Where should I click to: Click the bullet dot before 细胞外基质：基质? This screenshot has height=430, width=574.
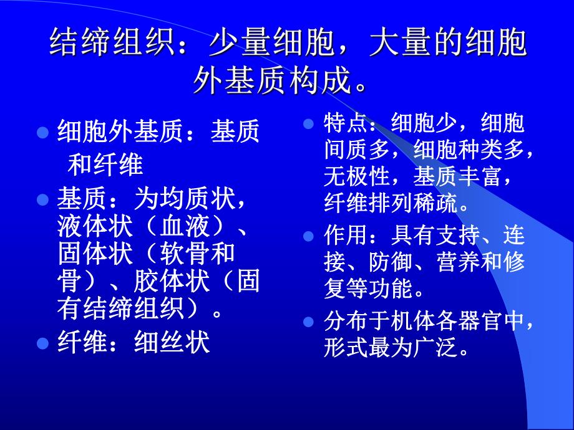(x=42, y=133)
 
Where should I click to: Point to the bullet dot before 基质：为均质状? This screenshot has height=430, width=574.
(x=42, y=200)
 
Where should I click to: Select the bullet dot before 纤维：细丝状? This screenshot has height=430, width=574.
(x=42, y=343)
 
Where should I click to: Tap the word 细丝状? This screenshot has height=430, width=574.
(x=172, y=343)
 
